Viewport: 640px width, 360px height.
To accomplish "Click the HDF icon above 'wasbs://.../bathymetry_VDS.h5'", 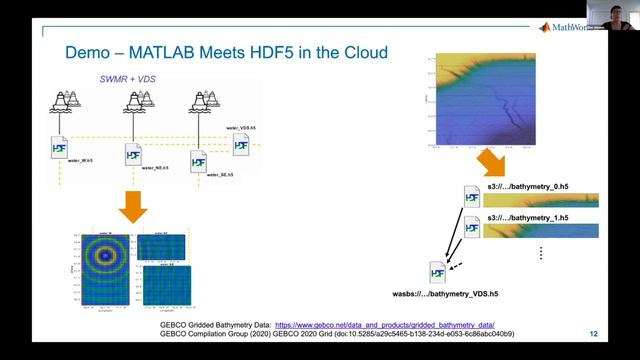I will pos(436,271).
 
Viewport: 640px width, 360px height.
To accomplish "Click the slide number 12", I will pos(593,334).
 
